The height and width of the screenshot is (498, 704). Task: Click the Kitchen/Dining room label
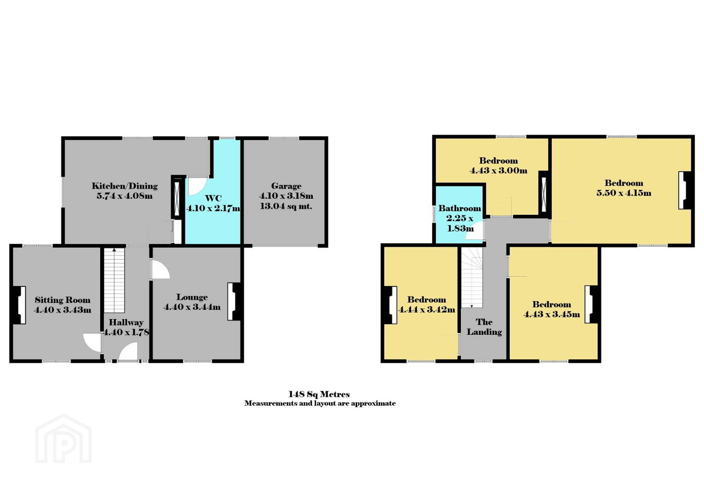pos(125,186)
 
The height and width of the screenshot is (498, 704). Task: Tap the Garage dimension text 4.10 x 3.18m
pos(286,196)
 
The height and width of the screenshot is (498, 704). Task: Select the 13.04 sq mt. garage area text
pos(286,206)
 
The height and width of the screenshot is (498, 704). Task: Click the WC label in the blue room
pos(213,198)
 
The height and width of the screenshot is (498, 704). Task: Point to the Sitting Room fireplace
pos(19,305)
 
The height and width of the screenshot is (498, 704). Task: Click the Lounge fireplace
pos(234,302)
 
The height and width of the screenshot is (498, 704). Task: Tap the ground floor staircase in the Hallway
pos(114,280)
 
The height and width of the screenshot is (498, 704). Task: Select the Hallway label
pos(126,322)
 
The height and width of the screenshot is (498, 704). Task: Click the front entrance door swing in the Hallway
pos(129,351)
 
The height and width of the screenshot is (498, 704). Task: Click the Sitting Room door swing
pos(92,343)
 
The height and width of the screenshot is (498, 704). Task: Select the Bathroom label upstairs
pos(459,208)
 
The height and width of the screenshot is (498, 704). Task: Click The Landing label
pos(484,327)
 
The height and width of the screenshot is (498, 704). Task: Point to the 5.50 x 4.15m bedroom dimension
pos(624,193)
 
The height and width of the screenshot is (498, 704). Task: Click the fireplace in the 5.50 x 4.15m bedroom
pos(685,190)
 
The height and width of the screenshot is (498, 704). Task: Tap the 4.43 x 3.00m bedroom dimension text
pos(498,171)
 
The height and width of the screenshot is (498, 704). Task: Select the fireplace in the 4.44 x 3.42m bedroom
pos(390,305)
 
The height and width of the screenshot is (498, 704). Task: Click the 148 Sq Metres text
pos(319,394)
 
